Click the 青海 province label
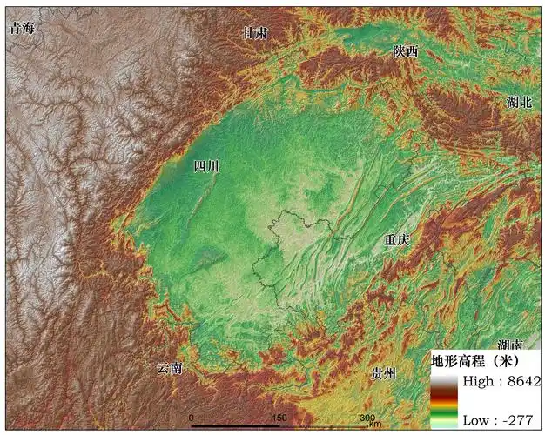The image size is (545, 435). tap(24, 29)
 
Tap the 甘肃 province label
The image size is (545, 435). tap(255, 34)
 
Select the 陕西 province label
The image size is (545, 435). tap(406, 51)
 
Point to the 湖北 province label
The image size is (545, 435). tap(518, 102)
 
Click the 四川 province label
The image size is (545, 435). tap(206, 165)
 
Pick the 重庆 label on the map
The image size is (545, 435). tap(396, 239)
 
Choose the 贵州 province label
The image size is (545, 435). tap(383, 373)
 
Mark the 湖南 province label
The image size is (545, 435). tap(510, 345)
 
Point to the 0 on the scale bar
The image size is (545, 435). tap(192, 418)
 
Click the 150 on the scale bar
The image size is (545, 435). tap(279, 418)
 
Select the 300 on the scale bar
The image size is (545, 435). tap(367, 418)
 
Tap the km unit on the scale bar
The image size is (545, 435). tap(374, 425)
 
